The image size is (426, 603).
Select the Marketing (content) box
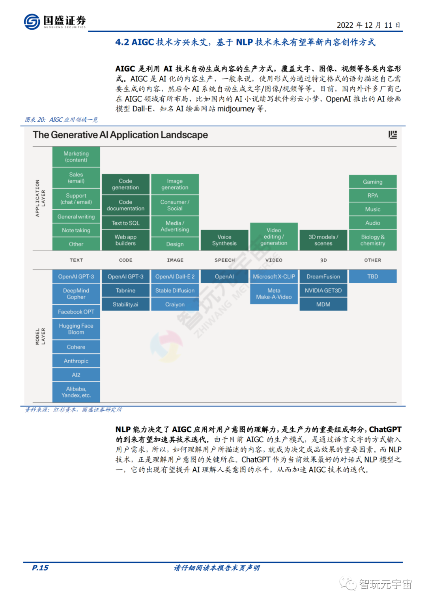click(76, 157)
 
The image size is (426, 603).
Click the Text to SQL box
click(125, 223)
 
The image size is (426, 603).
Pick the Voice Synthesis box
click(224, 240)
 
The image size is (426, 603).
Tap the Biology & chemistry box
click(373, 240)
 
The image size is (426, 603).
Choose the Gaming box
click(373, 182)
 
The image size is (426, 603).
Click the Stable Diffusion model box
click(175, 291)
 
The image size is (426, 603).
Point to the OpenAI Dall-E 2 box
click(175, 277)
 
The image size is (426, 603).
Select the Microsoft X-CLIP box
click(274, 277)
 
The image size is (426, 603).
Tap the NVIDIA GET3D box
click(323, 291)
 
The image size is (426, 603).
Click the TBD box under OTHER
click(373, 277)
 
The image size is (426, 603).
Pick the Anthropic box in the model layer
click(76, 361)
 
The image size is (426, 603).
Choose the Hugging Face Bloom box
click(76, 329)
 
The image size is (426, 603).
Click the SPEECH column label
click(224, 260)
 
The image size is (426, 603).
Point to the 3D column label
click(323, 260)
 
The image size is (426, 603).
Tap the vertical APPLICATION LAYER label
click(40, 198)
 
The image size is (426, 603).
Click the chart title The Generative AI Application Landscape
click(120, 135)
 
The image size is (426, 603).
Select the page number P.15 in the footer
click(40, 568)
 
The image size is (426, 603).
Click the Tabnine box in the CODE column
click(125, 291)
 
